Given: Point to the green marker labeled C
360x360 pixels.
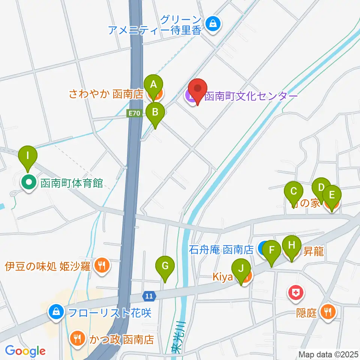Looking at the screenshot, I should [294, 191].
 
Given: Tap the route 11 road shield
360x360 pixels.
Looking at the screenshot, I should [149, 296].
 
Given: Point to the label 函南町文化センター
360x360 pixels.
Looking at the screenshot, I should [250, 96].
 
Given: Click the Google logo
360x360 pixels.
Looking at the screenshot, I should [25, 351].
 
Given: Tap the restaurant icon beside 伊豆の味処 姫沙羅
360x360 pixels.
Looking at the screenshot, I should [101, 265].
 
